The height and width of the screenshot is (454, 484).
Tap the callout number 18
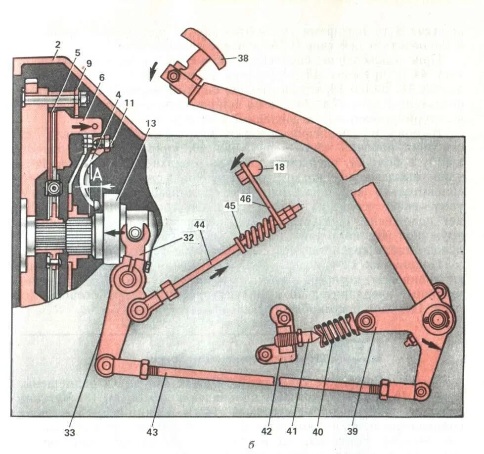[x=280, y=167]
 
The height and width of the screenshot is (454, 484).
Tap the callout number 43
[x=152, y=432]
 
